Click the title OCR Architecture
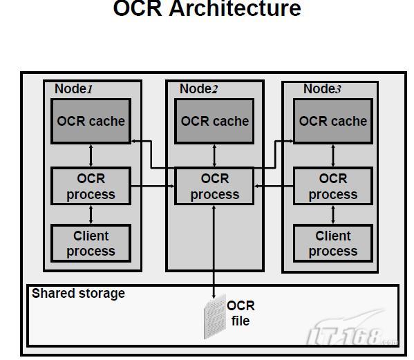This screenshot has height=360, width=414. (x=207, y=10)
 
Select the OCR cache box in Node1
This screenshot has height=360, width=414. (x=91, y=121)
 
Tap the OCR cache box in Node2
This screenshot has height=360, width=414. (x=214, y=121)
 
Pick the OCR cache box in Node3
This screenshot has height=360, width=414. (x=332, y=121)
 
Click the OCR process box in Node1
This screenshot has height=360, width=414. (x=91, y=187)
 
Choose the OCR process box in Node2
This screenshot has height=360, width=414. (x=214, y=187)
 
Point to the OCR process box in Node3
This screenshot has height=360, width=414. (x=332, y=187)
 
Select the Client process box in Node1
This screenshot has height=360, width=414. (x=91, y=243)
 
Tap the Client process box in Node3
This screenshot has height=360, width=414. (x=332, y=243)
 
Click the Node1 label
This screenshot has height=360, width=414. (x=73, y=89)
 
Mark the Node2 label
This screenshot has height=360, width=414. (x=198, y=89)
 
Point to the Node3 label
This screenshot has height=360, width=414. (x=322, y=89)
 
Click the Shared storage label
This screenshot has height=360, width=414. (x=78, y=294)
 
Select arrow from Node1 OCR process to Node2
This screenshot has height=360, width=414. (x=152, y=187)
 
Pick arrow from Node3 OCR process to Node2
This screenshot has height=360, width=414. (x=274, y=187)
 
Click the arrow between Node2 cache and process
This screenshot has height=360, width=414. (x=214, y=155)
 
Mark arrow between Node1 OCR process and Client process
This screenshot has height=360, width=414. (x=91, y=214)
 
